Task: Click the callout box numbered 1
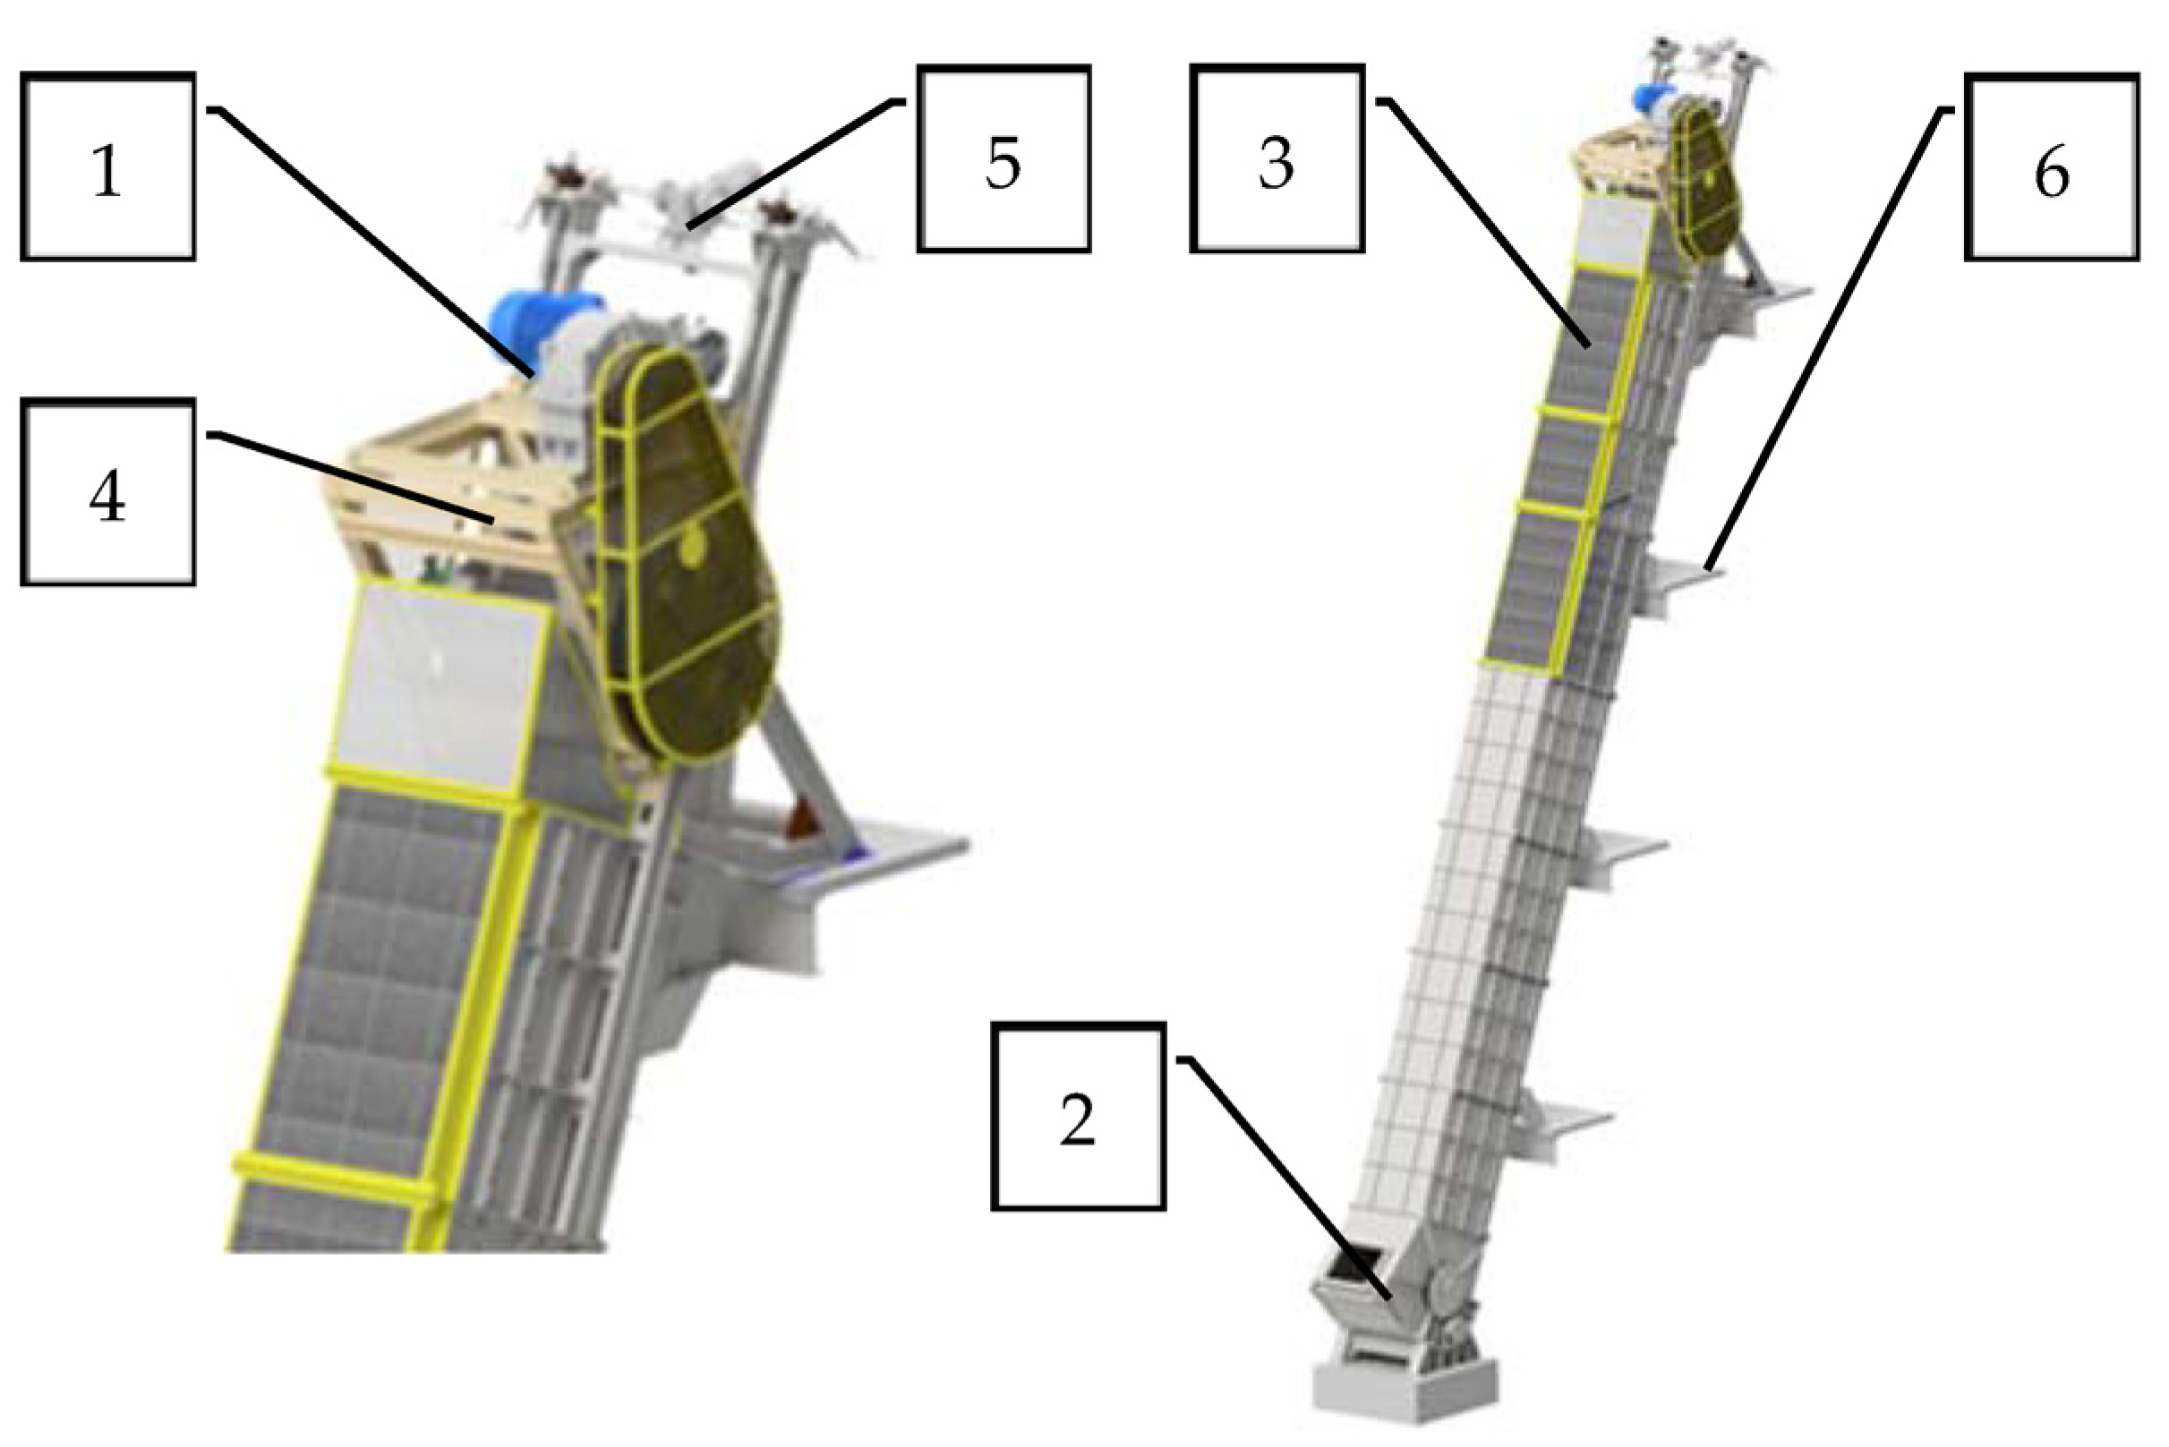108,167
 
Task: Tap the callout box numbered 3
1277,157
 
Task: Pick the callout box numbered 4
108,492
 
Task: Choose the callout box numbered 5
1003,157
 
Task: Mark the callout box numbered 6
2051,167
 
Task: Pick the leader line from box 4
351,478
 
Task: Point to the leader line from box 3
1486,222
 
